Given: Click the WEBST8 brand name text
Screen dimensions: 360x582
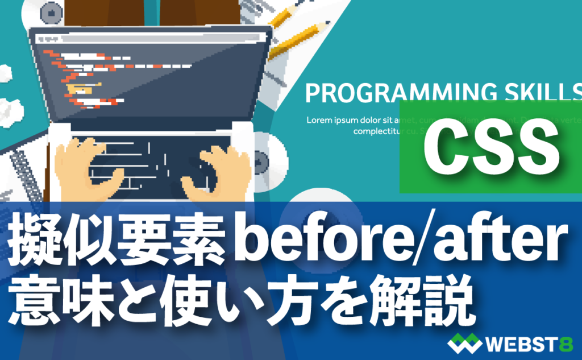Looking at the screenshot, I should (x=526, y=344).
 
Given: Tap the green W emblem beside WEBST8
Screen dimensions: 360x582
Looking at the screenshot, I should (x=464, y=344).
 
